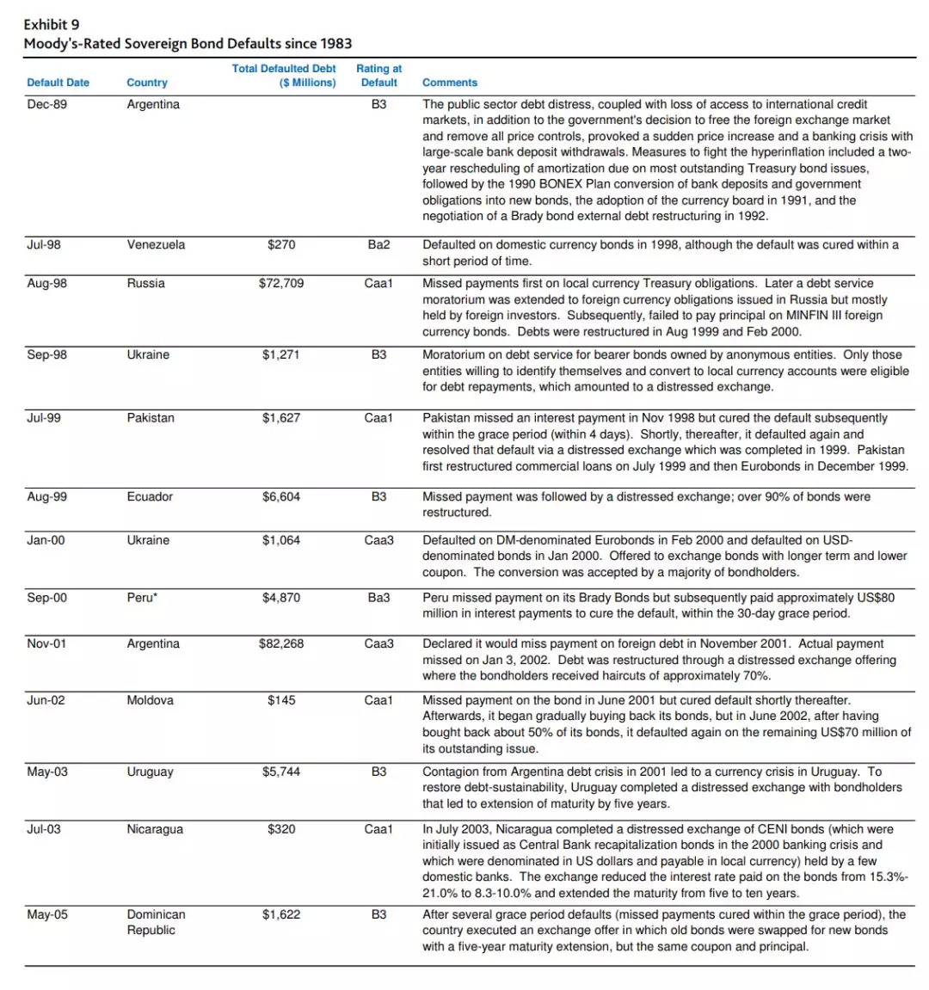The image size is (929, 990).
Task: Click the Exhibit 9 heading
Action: (x=52, y=24)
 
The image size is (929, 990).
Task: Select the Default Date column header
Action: (x=58, y=83)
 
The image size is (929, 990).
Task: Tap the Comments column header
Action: (x=449, y=83)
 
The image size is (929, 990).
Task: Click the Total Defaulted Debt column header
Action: (x=284, y=76)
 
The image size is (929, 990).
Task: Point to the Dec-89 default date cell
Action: (x=46, y=104)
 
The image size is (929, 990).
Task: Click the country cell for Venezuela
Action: (x=156, y=244)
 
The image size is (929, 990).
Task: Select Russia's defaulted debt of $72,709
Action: (x=281, y=283)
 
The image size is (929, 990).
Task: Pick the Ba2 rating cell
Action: (x=378, y=244)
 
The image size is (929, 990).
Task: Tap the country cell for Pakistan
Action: (x=151, y=418)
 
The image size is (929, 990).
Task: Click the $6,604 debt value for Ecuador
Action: (x=281, y=496)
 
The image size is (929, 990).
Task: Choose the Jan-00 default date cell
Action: (x=46, y=540)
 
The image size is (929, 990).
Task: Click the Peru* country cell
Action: (x=142, y=598)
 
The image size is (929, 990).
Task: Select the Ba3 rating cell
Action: (x=378, y=598)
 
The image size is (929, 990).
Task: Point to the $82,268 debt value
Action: (x=281, y=643)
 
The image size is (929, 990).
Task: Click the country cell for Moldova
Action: (x=150, y=700)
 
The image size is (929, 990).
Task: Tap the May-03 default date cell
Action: (x=47, y=772)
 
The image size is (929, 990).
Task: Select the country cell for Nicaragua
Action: (x=155, y=829)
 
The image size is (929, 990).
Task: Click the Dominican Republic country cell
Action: (x=156, y=922)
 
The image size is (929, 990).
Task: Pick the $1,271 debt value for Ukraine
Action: (x=281, y=354)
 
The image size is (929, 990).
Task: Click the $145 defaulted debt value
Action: (x=281, y=700)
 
